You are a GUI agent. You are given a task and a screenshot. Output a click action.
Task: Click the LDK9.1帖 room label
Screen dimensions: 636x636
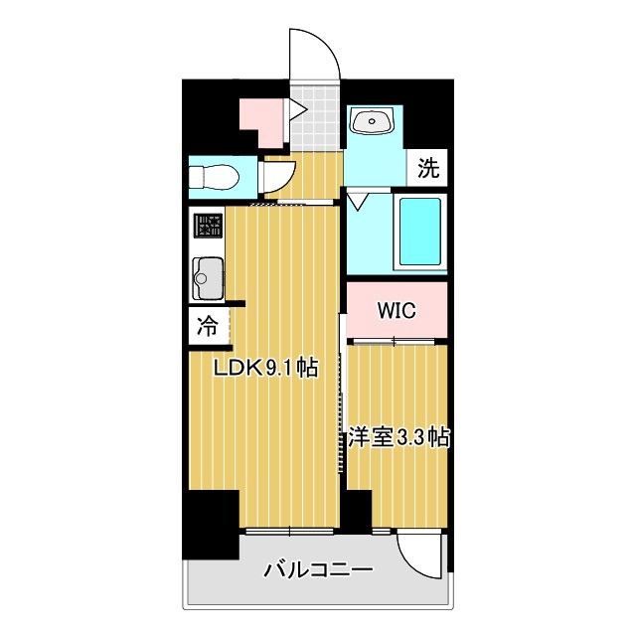pos(267,368)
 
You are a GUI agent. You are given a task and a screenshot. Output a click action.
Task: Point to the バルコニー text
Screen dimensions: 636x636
pos(318,571)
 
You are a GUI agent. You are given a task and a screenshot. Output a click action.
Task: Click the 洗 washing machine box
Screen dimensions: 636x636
pos(427,168)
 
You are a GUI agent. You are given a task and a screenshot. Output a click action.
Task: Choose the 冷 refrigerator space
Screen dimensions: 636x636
pos(208,324)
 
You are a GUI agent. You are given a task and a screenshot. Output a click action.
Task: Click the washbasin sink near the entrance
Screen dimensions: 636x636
pos(373,122)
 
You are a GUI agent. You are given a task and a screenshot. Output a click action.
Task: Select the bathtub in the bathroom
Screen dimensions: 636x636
pos(418,232)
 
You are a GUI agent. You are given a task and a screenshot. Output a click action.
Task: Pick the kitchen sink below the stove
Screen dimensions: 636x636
pos(208,275)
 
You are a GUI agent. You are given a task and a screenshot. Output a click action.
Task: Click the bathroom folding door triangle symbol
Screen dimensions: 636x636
pos(358,202)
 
